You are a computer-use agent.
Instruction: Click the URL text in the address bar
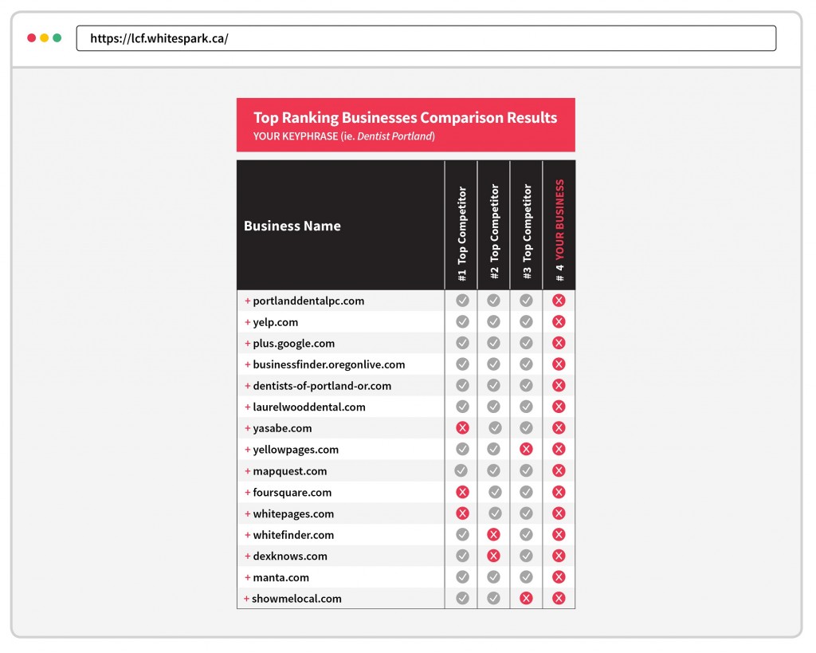tap(159, 38)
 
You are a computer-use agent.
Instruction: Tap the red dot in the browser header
tap(32, 37)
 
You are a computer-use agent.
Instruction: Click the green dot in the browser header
tap(57, 37)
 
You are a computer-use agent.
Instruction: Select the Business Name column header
tap(292, 226)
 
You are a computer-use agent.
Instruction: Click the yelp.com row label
tap(275, 322)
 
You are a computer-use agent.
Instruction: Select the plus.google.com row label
tap(293, 344)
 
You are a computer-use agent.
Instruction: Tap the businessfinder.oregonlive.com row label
tap(328, 364)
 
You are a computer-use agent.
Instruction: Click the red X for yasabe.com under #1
tap(462, 428)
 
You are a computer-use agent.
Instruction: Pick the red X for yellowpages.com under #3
tap(526, 450)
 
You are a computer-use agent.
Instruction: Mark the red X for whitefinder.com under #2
tap(494, 535)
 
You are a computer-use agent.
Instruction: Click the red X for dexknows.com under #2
tap(494, 556)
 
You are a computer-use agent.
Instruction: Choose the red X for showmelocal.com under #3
tap(526, 598)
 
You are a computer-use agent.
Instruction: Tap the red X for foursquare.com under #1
tap(462, 492)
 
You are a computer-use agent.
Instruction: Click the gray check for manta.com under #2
tap(494, 577)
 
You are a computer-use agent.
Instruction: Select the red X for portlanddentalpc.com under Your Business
tap(559, 301)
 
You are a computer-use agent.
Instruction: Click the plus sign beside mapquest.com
tap(247, 471)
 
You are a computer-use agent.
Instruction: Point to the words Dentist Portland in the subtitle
tap(394, 136)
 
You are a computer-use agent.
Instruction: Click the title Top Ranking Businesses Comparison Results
tap(405, 118)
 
